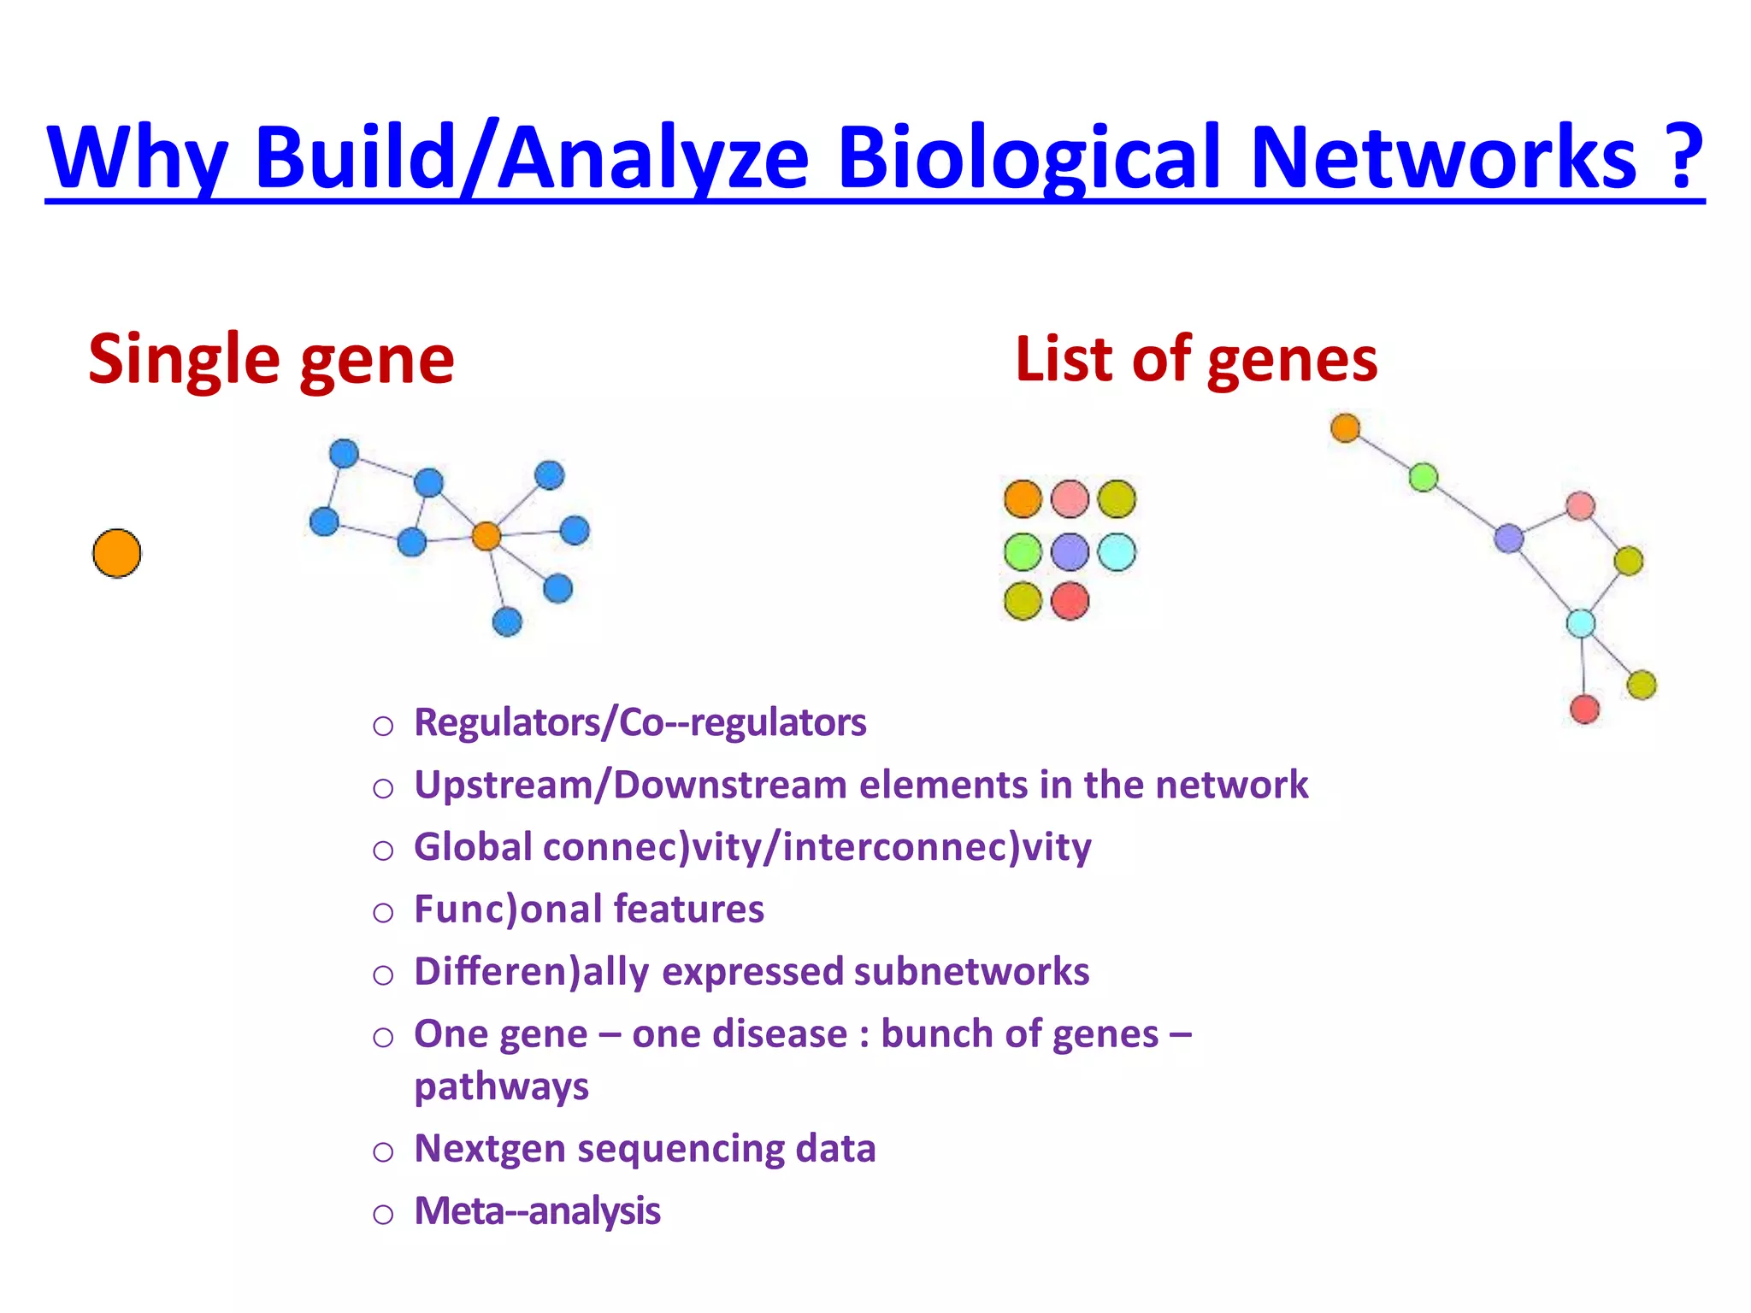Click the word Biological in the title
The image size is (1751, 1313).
[1030, 158]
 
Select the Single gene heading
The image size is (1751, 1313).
[271, 359]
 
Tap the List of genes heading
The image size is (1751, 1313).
[1195, 359]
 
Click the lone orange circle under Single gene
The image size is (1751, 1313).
[117, 553]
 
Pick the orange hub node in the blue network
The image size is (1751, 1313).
[486, 536]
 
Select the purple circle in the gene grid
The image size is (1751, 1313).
[1070, 551]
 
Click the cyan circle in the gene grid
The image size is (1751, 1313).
[1117, 551]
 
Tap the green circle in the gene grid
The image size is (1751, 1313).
[1023, 551]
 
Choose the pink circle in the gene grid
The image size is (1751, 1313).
[1070, 499]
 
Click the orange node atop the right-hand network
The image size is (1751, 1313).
[1345, 427]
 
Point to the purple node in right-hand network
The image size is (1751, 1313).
[1509, 539]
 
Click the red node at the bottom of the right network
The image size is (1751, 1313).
[1584, 709]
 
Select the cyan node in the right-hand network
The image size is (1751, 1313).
[1580, 622]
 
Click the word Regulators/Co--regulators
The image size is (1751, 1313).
[640, 722]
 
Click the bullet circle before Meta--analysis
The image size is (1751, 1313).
[383, 1214]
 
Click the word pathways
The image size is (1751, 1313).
[501, 1086]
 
